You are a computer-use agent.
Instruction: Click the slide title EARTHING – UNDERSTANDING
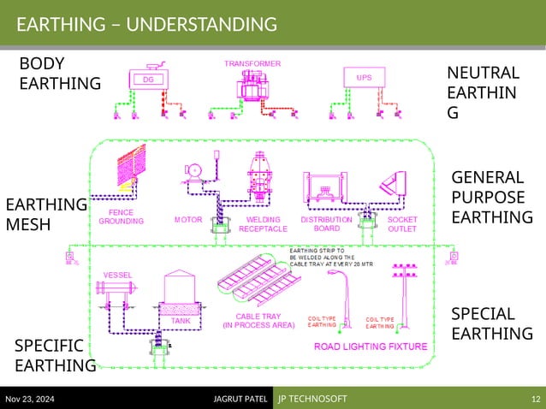point(146,24)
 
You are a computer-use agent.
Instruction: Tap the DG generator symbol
point(148,79)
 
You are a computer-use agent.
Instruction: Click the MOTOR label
point(188,220)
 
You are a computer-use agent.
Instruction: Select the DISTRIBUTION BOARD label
point(326,224)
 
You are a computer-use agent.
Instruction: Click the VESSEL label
point(117,275)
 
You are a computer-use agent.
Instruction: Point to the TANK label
point(181,321)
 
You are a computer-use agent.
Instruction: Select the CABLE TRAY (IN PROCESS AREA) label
point(259,320)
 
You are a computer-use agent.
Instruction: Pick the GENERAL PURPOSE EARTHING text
point(491,198)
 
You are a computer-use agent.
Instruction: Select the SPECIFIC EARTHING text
point(54,355)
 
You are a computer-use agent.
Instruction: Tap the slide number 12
point(535,400)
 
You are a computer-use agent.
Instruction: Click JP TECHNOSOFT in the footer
point(312,400)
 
